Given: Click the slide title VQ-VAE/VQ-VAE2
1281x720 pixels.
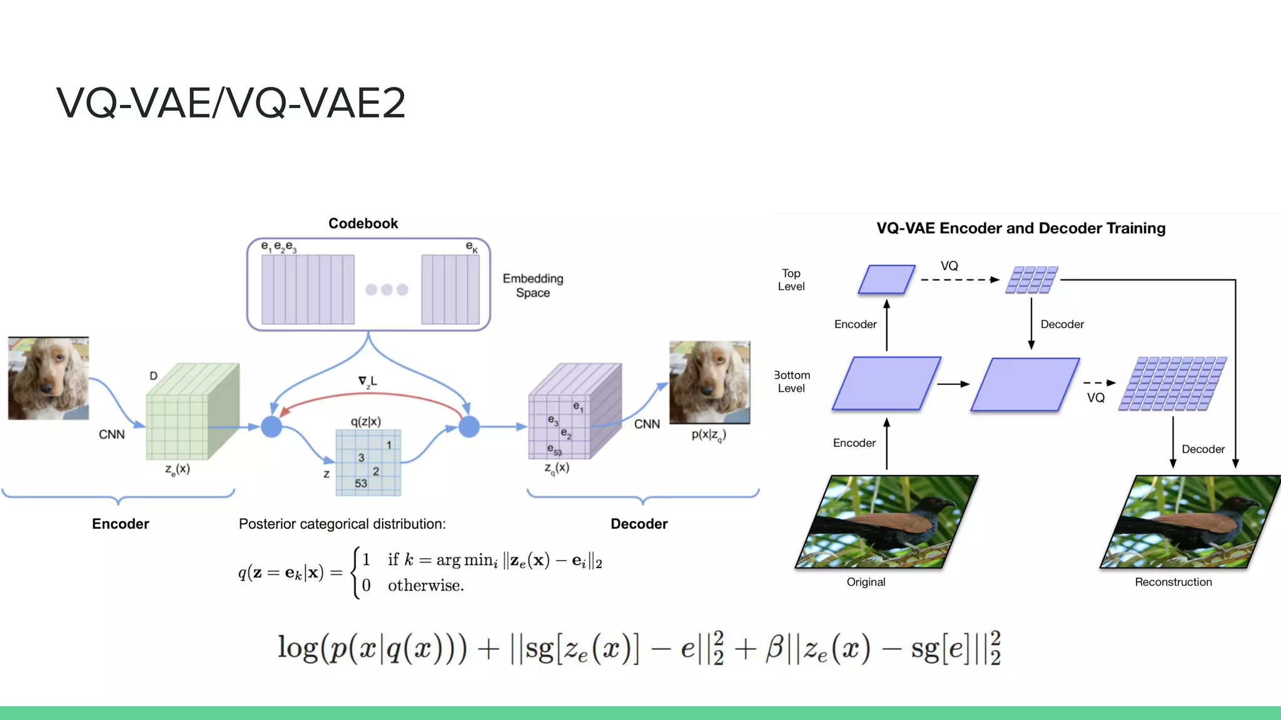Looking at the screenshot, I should click(x=231, y=103).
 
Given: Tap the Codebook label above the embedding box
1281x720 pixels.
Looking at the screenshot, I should click(x=363, y=224).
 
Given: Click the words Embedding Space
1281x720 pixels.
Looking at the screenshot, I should click(x=533, y=286).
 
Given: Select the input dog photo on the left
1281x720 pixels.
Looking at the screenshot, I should click(x=48, y=378).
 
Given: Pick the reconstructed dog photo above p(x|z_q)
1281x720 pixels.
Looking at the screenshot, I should click(x=709, y=382).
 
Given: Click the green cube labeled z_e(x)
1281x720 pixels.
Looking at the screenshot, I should click(x=188, y=412).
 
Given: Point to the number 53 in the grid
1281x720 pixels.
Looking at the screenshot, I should click(x=361, y=484).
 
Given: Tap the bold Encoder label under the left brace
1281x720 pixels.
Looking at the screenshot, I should click(x=120, y=524).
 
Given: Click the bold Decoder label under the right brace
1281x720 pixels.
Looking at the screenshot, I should click(x=639, y=524).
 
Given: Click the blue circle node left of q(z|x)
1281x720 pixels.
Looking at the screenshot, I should click(x=271, y=427).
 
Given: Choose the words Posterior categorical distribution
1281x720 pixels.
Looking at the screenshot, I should click(x=342, y=524).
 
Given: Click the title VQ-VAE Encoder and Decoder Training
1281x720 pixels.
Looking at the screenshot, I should click(x=1021, y=228).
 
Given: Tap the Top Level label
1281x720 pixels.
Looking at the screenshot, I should click(x=791, y=280).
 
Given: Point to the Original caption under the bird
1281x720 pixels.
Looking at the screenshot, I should click(x=866, y=582).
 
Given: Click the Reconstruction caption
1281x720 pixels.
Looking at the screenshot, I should click(x=1173, y=582).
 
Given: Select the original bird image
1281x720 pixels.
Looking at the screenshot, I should click(x=887, y=522).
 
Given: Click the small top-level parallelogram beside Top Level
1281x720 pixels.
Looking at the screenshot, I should click(x=886, y=279).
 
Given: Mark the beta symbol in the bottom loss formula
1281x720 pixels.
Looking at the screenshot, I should click(x=774, y=648).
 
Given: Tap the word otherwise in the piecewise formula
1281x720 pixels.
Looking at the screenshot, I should click(x=425, y=586).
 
